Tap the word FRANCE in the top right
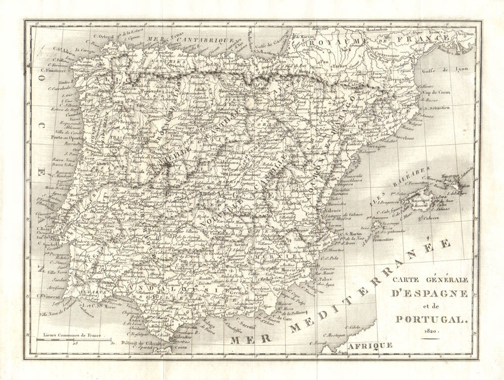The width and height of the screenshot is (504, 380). [x=421, y=38]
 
